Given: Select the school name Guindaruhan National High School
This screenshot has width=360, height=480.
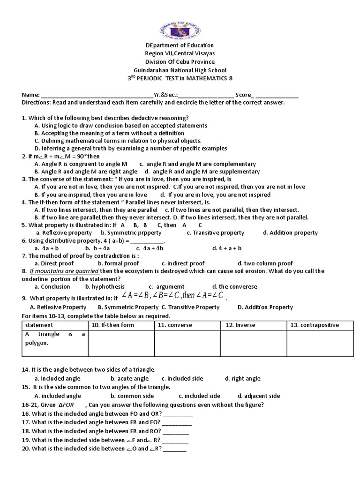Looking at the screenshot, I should pyautogui.click(x=180, y=70).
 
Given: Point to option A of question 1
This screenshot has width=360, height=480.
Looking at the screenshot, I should pyautogui.click(x=121, y=126).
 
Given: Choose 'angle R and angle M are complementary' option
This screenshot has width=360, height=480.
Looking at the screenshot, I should pyautogui.click(x=198, y=164).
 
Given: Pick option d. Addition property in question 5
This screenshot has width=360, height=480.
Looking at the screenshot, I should pyautogui.click(x=290, y=232).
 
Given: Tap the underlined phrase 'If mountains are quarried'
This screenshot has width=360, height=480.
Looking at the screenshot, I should pyautogui.click(x=64, y=271).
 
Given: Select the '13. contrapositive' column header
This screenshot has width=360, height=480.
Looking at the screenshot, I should pyautogui.click(x=320, y=325).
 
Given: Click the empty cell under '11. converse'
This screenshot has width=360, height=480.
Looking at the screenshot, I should pyautogui.click(x=187, y=344).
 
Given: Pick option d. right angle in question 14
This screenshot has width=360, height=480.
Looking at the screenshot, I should pyautogui.click(x=242, y=378).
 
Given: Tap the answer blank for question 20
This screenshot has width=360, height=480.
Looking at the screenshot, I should pyautogui.click(x=175, y=449).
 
